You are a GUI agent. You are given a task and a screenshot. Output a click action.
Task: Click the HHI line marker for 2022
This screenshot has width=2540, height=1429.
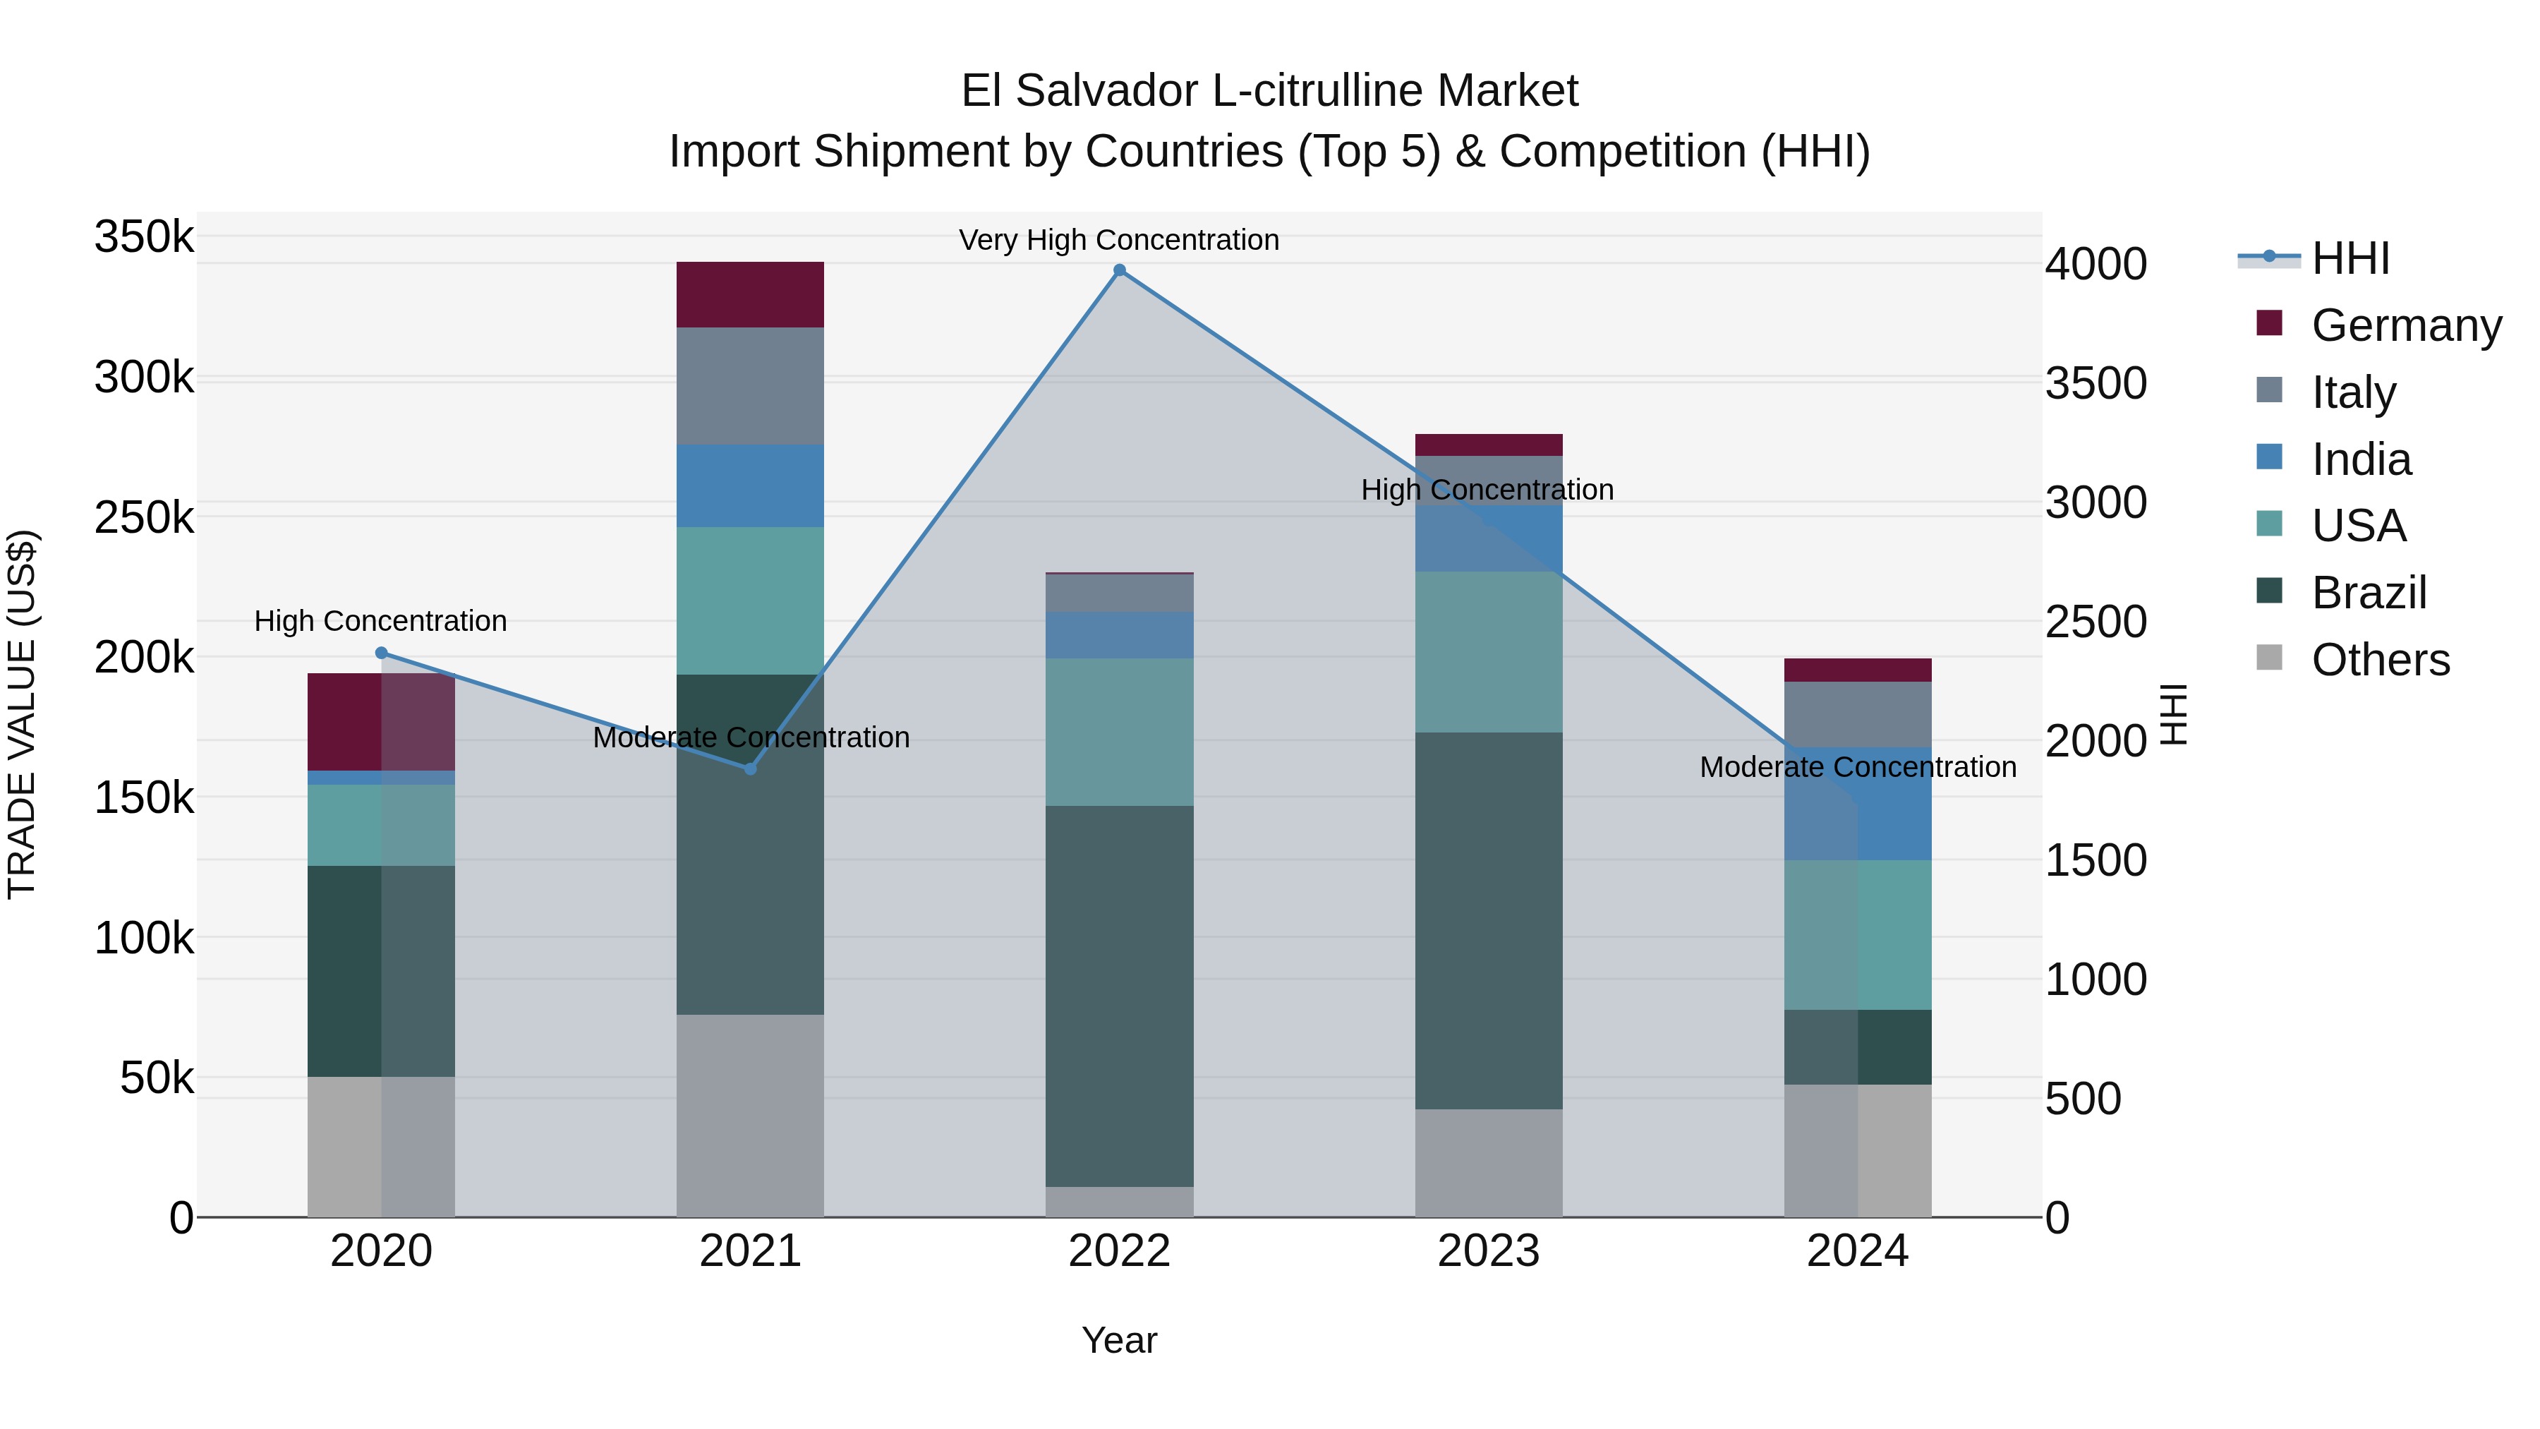point(1119,270)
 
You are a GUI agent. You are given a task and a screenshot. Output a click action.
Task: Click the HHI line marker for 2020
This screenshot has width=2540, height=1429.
point(382,653)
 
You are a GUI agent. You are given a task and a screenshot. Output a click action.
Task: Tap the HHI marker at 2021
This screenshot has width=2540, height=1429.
point(751,768)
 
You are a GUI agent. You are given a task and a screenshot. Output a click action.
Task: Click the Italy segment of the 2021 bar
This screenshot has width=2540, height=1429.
point(751,385)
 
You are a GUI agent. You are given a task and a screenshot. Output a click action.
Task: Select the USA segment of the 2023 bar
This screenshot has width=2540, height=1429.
point(1489,652)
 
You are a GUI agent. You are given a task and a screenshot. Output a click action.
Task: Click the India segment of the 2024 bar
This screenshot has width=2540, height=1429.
point(1858,804)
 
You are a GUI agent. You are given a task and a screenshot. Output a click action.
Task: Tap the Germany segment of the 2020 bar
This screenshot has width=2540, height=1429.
point(382,722)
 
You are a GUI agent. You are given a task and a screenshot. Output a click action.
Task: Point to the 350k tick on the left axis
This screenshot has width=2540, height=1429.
point(144,238)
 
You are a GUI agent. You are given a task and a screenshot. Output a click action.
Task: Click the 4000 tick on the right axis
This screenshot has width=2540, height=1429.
point(2095,265)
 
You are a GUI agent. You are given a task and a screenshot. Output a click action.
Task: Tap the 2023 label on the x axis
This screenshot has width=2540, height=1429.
point(1489,1251)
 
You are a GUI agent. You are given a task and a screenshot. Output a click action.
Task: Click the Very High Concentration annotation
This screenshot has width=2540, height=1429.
point(1119,240)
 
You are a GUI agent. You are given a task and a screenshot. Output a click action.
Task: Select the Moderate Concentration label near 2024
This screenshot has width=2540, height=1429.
point(1858,766)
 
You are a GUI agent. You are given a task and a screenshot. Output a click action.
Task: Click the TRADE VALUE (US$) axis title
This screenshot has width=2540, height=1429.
point(23,714)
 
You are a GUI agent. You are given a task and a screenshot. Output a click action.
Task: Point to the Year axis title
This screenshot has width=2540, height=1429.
point(1119,1340)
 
